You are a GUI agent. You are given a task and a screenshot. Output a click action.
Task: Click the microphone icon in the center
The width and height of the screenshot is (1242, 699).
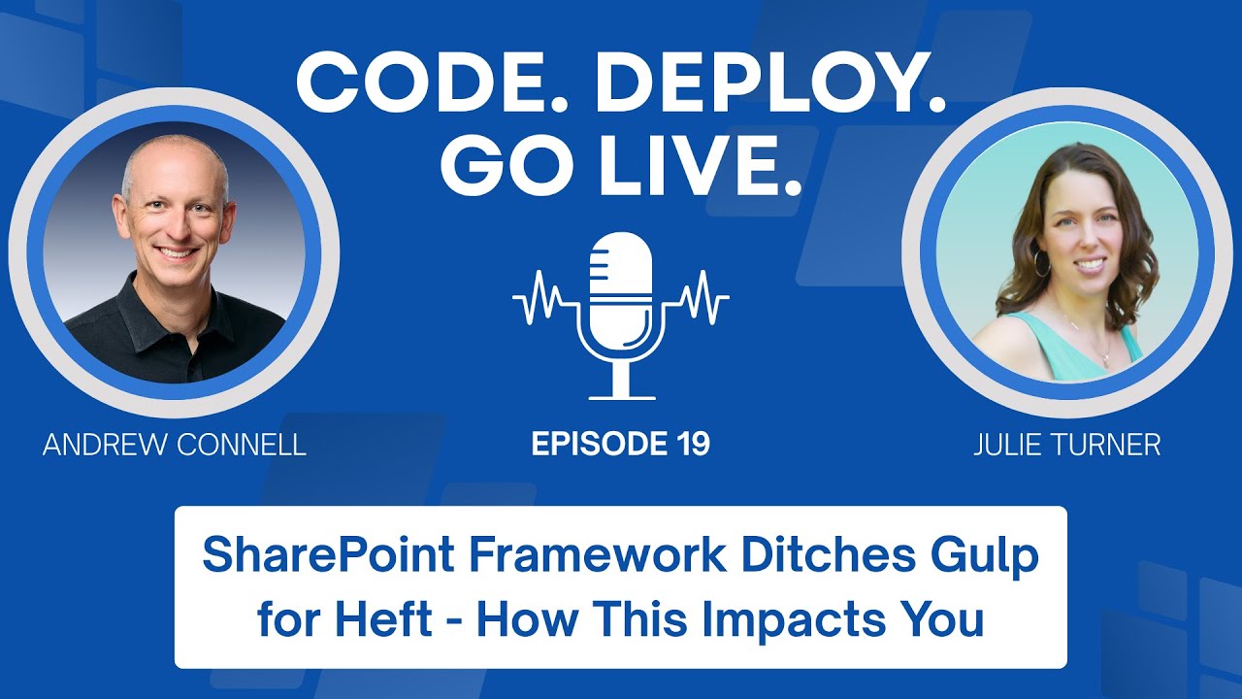(x=621, y=291)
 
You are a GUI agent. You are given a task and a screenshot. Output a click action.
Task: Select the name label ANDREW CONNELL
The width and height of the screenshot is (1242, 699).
(x=175, y=446)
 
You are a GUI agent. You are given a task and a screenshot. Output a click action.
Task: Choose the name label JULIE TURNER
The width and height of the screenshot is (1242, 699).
(x=1066, y=446)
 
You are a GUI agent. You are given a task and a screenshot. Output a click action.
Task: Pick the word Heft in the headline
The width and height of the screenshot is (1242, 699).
(x=384, y=618)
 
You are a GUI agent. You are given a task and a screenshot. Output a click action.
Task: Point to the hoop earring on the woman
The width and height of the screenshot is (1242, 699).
(x=1041, y=262)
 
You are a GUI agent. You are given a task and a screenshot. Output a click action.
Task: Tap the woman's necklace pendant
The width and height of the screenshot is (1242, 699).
(x=1104, y=359)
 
